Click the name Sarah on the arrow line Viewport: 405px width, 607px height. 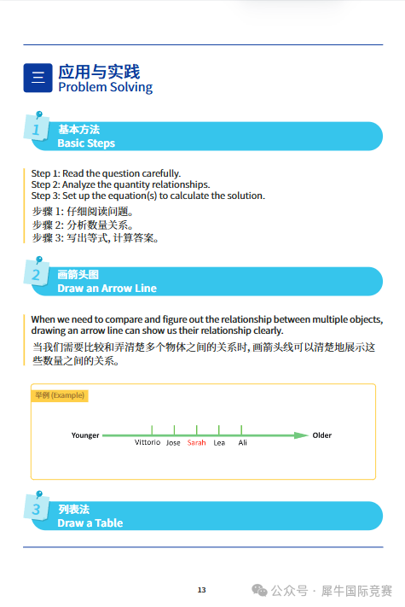(x=197, y=443)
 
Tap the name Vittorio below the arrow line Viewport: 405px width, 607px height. (x=148, y=443)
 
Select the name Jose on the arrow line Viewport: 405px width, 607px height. (x=173, y=443)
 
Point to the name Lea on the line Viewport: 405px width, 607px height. (x=219, y=443)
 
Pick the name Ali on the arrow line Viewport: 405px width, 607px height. (x=242, y=443)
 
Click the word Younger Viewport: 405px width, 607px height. (x=85, y=435)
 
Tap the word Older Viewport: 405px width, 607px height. (x=321, y=435)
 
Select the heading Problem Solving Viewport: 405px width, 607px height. (x=105, y=87)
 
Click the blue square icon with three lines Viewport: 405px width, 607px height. (x=38, y=78)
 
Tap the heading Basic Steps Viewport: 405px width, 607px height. (x=86, y=143)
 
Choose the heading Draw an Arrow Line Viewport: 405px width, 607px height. (x=107, y=289)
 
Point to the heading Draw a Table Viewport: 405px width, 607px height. (x=90, y=523)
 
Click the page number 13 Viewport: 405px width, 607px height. (x=202, y=590)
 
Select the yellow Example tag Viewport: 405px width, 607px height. (x=60, y=396)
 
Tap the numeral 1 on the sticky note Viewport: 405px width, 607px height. (x=36, y=130)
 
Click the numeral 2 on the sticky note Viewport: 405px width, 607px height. (x=36, y=275)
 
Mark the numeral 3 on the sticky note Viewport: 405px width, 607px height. (x=36, y=510)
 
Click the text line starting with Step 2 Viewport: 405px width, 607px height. (x=120, y=184)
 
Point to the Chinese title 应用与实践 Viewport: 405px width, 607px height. (x=98, y=71)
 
